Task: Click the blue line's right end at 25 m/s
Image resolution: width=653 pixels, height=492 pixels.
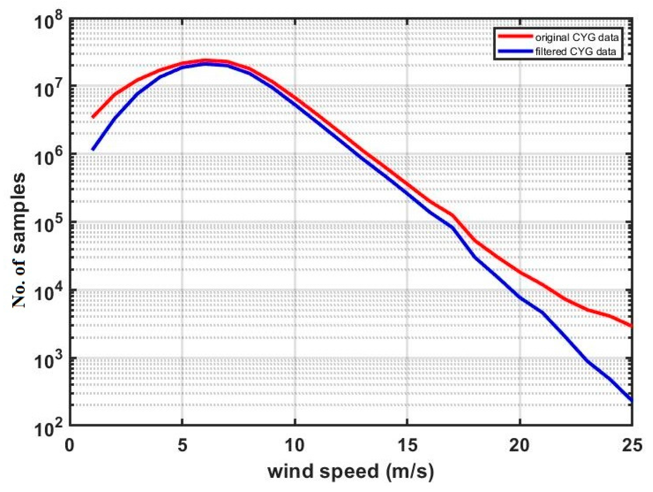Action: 632,401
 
